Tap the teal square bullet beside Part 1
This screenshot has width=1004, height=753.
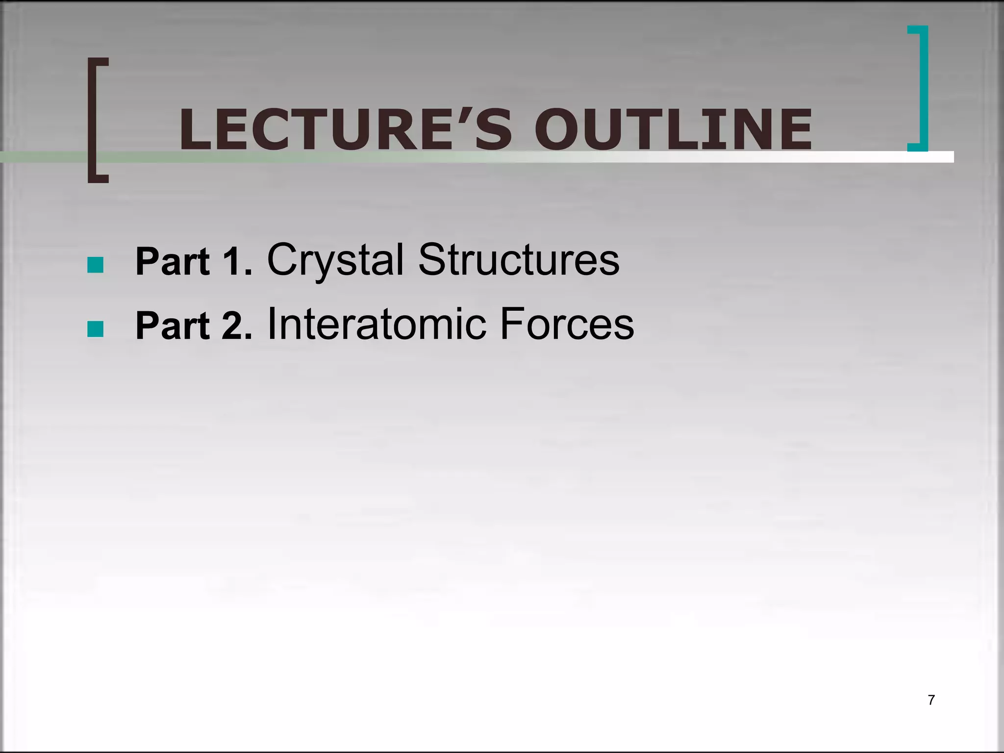click(95, 265)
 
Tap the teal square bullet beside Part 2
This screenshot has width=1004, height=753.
click(95, 329)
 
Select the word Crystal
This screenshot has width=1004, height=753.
click(335, 261)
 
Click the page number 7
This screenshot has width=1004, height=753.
click(931, 700)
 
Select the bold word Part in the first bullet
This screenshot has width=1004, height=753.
click(173, 262)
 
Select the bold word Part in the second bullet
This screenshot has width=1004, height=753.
click(173, 326)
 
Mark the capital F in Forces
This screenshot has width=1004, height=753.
click(512, 324)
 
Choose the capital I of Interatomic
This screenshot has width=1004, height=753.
click(271, 324)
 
